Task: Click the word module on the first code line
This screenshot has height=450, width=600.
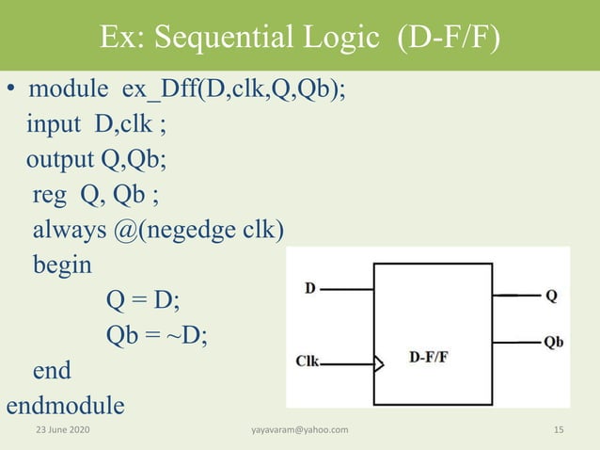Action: (71, 90)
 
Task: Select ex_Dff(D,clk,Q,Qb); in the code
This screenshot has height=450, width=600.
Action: (236, 90)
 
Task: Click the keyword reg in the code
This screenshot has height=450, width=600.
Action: (51, 196)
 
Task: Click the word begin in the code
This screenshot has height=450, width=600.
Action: (63, 265)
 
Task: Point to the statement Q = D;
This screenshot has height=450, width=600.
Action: (143, 300)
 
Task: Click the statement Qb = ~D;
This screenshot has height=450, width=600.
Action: (157, 335)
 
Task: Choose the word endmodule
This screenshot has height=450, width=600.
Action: (65, 406)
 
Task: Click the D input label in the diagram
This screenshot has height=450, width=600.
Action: (309, 288)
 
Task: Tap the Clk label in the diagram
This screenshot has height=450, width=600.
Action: (308, 361)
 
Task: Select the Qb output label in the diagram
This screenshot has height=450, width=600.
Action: (553, 342)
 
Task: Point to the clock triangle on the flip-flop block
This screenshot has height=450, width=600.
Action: (379, 362)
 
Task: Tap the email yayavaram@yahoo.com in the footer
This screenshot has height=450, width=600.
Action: (300, 430)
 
